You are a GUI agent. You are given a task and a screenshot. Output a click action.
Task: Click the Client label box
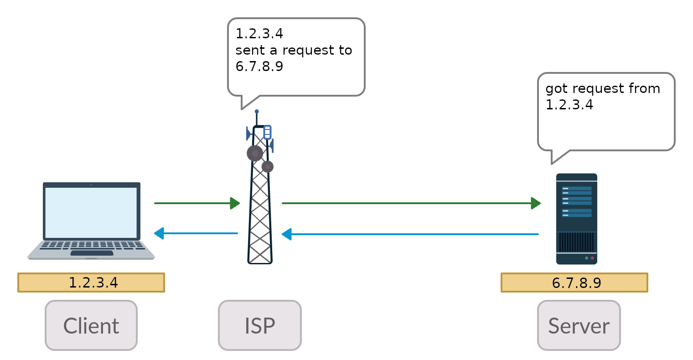[x=91, y=325]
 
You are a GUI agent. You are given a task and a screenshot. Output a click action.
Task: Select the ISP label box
[x=260, y=325]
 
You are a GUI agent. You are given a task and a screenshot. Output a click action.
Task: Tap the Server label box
[x=579, y=325]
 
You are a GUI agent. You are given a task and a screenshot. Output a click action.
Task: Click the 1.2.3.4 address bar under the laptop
[x=91, y=283]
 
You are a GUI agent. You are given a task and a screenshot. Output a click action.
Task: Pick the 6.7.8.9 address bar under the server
[x=574, y=283]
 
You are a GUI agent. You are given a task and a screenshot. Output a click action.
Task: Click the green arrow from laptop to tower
[x=196, y=203]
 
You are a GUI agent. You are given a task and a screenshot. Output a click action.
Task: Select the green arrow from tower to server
[x=410, y=203]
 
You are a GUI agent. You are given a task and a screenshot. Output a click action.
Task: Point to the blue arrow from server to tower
[x=410, y=234]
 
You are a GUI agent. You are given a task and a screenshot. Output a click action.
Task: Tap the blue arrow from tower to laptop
[x=196, y=234]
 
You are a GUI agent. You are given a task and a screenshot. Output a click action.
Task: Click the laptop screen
[x=91, y=212]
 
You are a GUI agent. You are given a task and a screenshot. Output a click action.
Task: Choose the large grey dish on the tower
[x=254, y=153]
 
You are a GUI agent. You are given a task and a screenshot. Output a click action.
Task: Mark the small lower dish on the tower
[x=268, y=167]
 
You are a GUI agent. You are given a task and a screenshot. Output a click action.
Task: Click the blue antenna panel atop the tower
[x=268, y=132]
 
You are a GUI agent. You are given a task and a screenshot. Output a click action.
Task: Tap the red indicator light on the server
[x=592, y=258]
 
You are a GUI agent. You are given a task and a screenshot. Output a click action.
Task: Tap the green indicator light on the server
[x=586, y=258]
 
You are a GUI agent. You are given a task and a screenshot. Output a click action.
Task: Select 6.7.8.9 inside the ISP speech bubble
[x=259, y=67]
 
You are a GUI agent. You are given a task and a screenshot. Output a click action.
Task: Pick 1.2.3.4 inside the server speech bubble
[x=569, y=105]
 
